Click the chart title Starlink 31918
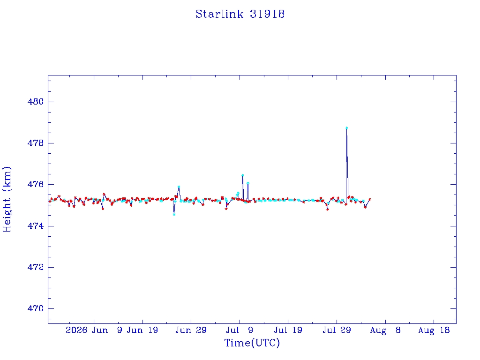(240, 14)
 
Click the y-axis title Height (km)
(7, 199)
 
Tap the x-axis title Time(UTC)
(252, 343)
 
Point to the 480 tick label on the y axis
(36, 102)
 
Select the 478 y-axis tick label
(36, 143)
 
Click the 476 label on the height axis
(36, 184)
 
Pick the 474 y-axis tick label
(36, 226)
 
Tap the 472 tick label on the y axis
(36, 267)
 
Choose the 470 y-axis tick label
(36, 308)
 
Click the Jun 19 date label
(142, 330)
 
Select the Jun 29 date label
(191, 330)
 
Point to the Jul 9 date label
(240, 330)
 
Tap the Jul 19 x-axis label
(288, 330)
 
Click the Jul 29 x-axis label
(337, 330)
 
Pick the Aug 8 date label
(385, 330)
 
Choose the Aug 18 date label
(434, 330)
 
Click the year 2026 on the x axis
(76, 330)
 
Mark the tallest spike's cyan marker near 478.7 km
(346, 128)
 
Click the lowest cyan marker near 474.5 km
(174, 214)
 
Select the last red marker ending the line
(369, 200)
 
